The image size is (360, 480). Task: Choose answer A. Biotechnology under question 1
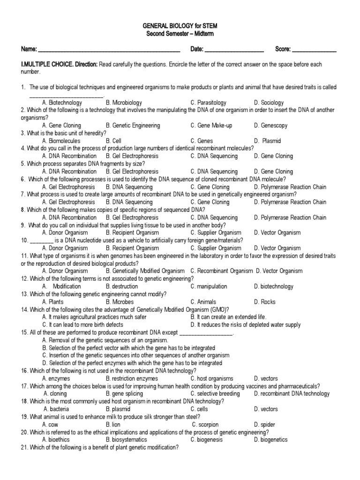[x=62, y=103]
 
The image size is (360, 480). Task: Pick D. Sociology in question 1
[x=269, y=103]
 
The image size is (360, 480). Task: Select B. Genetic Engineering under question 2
[x=133, y=126]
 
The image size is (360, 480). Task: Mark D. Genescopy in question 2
[x=270, y=126]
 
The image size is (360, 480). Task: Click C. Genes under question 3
[x=202, y=141]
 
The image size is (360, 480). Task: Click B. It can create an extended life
[x=228, y=317]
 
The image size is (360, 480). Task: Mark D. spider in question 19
[x=265, y=424]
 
